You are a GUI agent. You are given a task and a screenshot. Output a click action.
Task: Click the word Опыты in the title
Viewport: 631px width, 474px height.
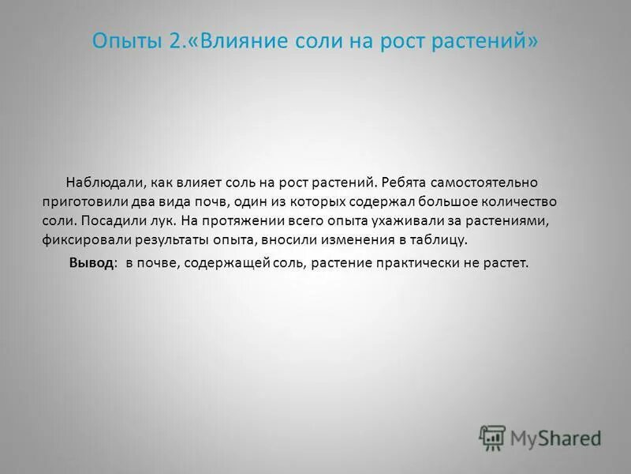[126, 41]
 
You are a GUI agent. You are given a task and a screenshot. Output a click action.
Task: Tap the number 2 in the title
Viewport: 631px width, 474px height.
[175, 41]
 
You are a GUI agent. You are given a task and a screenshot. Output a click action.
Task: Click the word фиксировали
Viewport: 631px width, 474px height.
[84, 239]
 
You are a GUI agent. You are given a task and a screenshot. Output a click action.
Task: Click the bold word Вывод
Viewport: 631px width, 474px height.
[91, 264]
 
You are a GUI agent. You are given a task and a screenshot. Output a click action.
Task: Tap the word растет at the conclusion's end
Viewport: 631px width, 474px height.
[506, 264]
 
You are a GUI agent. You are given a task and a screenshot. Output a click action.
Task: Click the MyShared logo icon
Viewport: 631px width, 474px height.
[491, 437]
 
